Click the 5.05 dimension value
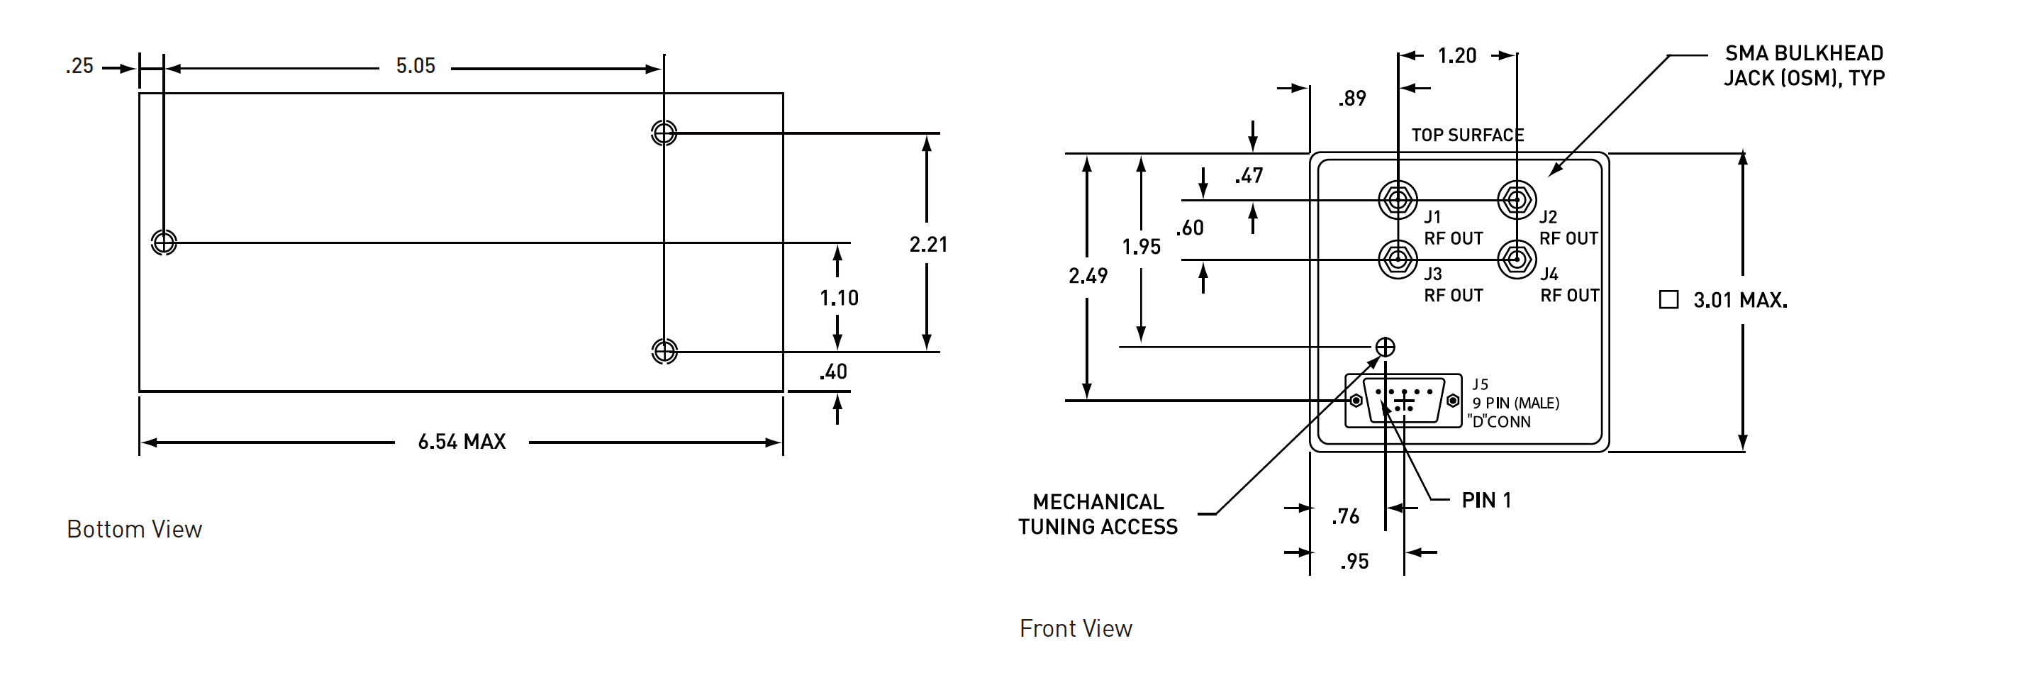[416, 66]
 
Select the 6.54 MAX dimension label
[462, 442]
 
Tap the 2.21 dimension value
[928, 245]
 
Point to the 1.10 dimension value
[839, 298]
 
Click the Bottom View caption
[134, 529]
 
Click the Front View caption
[1076, 628]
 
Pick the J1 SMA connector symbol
[1398, 200]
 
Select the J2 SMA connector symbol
[1517, 200]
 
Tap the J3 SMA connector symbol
[1398, 259]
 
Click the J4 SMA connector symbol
[1517, 259]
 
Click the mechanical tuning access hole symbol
[1385, 347]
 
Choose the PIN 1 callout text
[1486, 500]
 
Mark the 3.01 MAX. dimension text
[1740, 300]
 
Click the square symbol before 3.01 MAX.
[1668, 299]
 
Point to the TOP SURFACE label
[1467, 135]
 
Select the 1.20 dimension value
[1456, 55]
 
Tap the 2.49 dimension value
[1088, 276]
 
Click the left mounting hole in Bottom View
[164, 243]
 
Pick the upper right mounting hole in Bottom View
[664, 133]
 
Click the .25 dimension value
[79, 67]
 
